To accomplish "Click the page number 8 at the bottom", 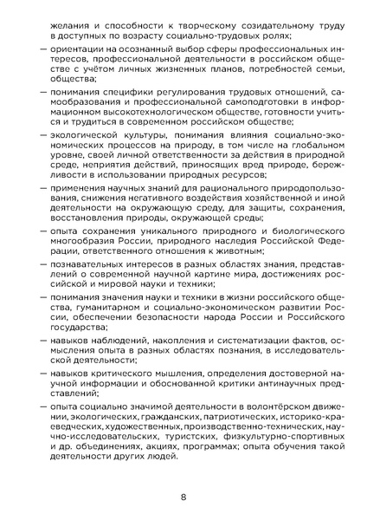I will point(183,496).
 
